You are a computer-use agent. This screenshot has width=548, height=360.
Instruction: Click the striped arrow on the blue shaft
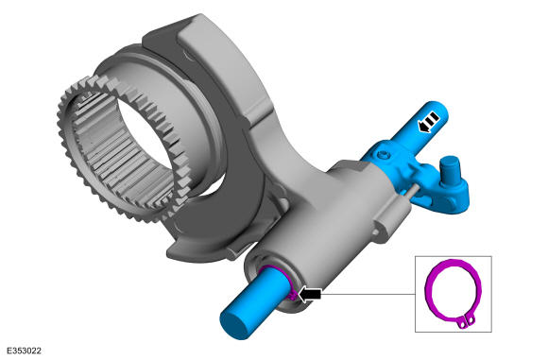428,122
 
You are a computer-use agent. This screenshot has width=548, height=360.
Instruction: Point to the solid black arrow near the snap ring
310,294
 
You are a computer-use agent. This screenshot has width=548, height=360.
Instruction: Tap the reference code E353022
25,351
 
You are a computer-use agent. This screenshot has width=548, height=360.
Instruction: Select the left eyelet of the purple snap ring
463,325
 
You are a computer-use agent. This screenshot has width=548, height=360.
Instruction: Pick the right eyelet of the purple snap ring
471,319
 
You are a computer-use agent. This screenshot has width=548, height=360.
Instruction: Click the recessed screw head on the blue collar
384,154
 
